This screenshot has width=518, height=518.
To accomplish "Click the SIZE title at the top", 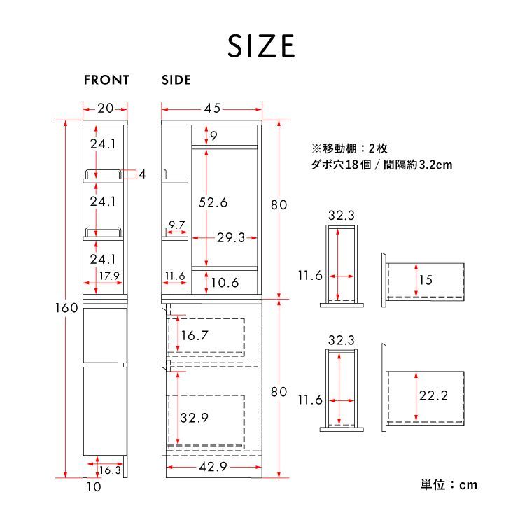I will pos(260,45).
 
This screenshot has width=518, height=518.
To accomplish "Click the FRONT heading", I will pos(106,80).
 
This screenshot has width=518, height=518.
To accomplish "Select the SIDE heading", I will pos(176,80).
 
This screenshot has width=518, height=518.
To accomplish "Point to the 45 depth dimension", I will pos(212,108).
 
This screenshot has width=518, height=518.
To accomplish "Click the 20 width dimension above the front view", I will pos(106,108).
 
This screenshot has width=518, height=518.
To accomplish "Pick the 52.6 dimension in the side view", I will pos(213,202).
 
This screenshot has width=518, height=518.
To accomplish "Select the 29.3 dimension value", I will pos(230,238).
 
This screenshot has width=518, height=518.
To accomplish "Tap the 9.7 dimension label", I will pos(176,225).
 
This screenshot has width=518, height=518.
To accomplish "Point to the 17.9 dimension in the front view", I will pos(108,276).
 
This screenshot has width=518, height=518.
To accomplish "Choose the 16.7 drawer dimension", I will pos(194,335).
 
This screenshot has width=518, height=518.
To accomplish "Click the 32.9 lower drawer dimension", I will pos(194,419).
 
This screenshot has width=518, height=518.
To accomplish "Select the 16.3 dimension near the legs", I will pos(110,470).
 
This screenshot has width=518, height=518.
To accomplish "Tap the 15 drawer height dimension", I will pos(426,280).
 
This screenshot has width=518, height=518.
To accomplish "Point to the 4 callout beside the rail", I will pos(142,174).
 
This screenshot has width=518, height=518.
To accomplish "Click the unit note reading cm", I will pos(448,484).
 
